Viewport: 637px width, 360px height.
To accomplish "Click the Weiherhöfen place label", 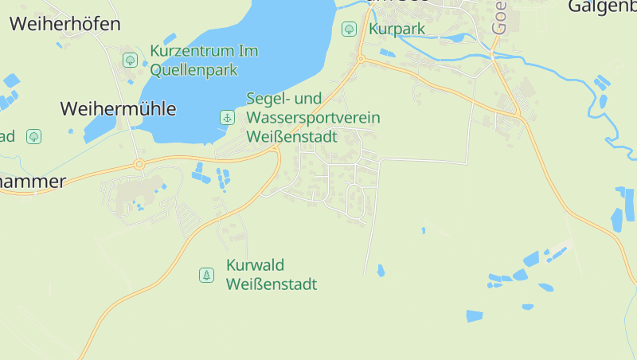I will coord(65,24).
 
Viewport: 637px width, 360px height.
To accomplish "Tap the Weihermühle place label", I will coord(119,109).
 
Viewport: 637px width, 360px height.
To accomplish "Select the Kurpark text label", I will coord(397,29).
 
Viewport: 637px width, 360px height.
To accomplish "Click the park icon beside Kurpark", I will coord(349,29).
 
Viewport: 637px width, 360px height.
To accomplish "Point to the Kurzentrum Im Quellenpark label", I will coord(204,61).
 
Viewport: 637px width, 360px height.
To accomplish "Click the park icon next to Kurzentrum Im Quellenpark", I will coord(130,60).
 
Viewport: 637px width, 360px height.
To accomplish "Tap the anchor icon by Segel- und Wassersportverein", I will coord(227,118).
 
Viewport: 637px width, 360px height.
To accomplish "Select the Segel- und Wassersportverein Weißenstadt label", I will coord(313,118).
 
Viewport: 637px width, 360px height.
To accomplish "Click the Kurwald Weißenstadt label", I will coord(272,275).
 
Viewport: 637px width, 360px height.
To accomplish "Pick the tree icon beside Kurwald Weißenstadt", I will coord(206,275).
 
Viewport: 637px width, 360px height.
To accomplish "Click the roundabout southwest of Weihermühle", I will coord(139,165).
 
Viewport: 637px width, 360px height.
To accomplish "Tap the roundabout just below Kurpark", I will coord(361,59).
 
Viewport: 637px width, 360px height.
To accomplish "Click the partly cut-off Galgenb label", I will coord(602,7).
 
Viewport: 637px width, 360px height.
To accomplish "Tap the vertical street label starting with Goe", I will coord(499,16).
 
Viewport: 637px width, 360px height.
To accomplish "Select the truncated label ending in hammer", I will coord(32,182).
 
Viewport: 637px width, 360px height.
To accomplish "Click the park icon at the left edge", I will coord(33,136).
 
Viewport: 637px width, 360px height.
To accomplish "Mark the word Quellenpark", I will coord(194,70).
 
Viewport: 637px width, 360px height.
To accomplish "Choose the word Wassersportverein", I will coord(313,118).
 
